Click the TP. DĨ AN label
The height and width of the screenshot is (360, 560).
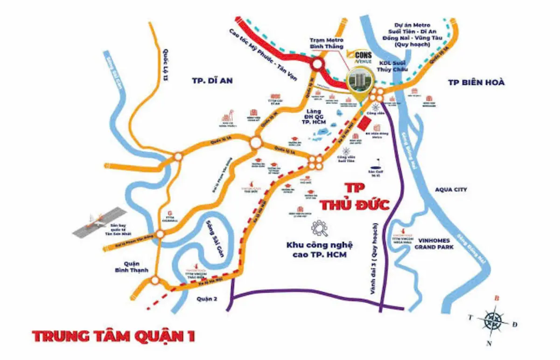212,81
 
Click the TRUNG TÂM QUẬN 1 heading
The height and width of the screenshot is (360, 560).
113,336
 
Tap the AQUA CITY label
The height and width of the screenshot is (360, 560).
451,190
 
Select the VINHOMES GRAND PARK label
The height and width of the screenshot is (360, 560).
434,243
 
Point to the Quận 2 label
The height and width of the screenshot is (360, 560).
204,299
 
